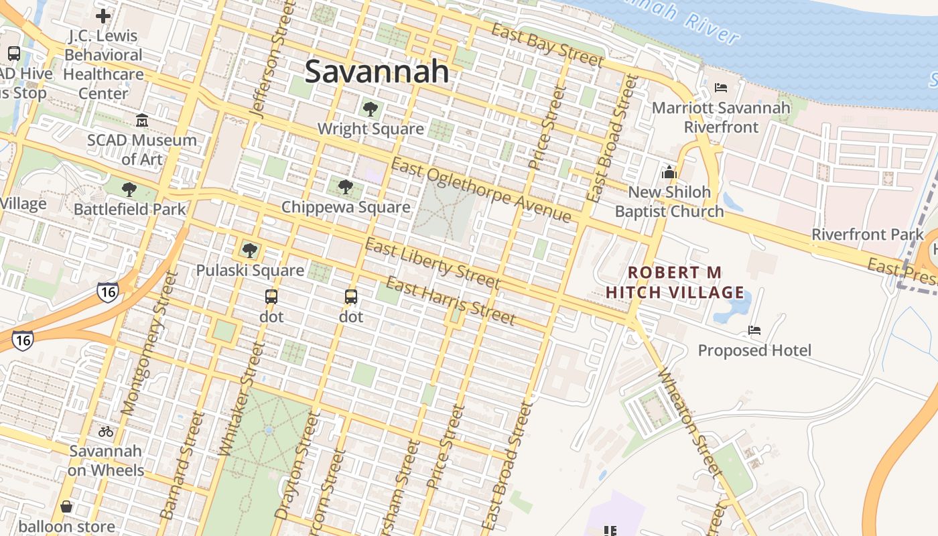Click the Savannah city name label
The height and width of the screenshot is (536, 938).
click(377, 72)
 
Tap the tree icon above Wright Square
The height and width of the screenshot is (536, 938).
click(370, 109)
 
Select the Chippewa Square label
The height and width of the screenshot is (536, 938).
click(345, 207)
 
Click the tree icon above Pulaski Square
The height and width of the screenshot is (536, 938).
click(250, 251)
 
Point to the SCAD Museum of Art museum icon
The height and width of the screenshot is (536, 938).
click(142, 121)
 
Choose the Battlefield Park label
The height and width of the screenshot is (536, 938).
click(129, 209)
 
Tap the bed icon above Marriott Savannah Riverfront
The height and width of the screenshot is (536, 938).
click(721, 88)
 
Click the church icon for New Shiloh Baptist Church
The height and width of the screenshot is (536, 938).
click(669, 172)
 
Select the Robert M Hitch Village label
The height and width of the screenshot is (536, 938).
click(675, 282)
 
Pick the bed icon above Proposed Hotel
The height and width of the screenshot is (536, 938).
click(754, 330)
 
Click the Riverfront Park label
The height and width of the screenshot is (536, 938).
click(867, 234)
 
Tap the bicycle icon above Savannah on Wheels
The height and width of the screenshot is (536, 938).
click(106, 431)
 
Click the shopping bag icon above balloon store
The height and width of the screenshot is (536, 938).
click(66, 507)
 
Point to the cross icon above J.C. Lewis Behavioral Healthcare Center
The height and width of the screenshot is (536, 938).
click(103, 15)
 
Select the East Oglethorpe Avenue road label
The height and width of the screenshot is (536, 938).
click(480, 190)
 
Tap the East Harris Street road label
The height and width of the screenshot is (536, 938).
click(450, 301)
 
